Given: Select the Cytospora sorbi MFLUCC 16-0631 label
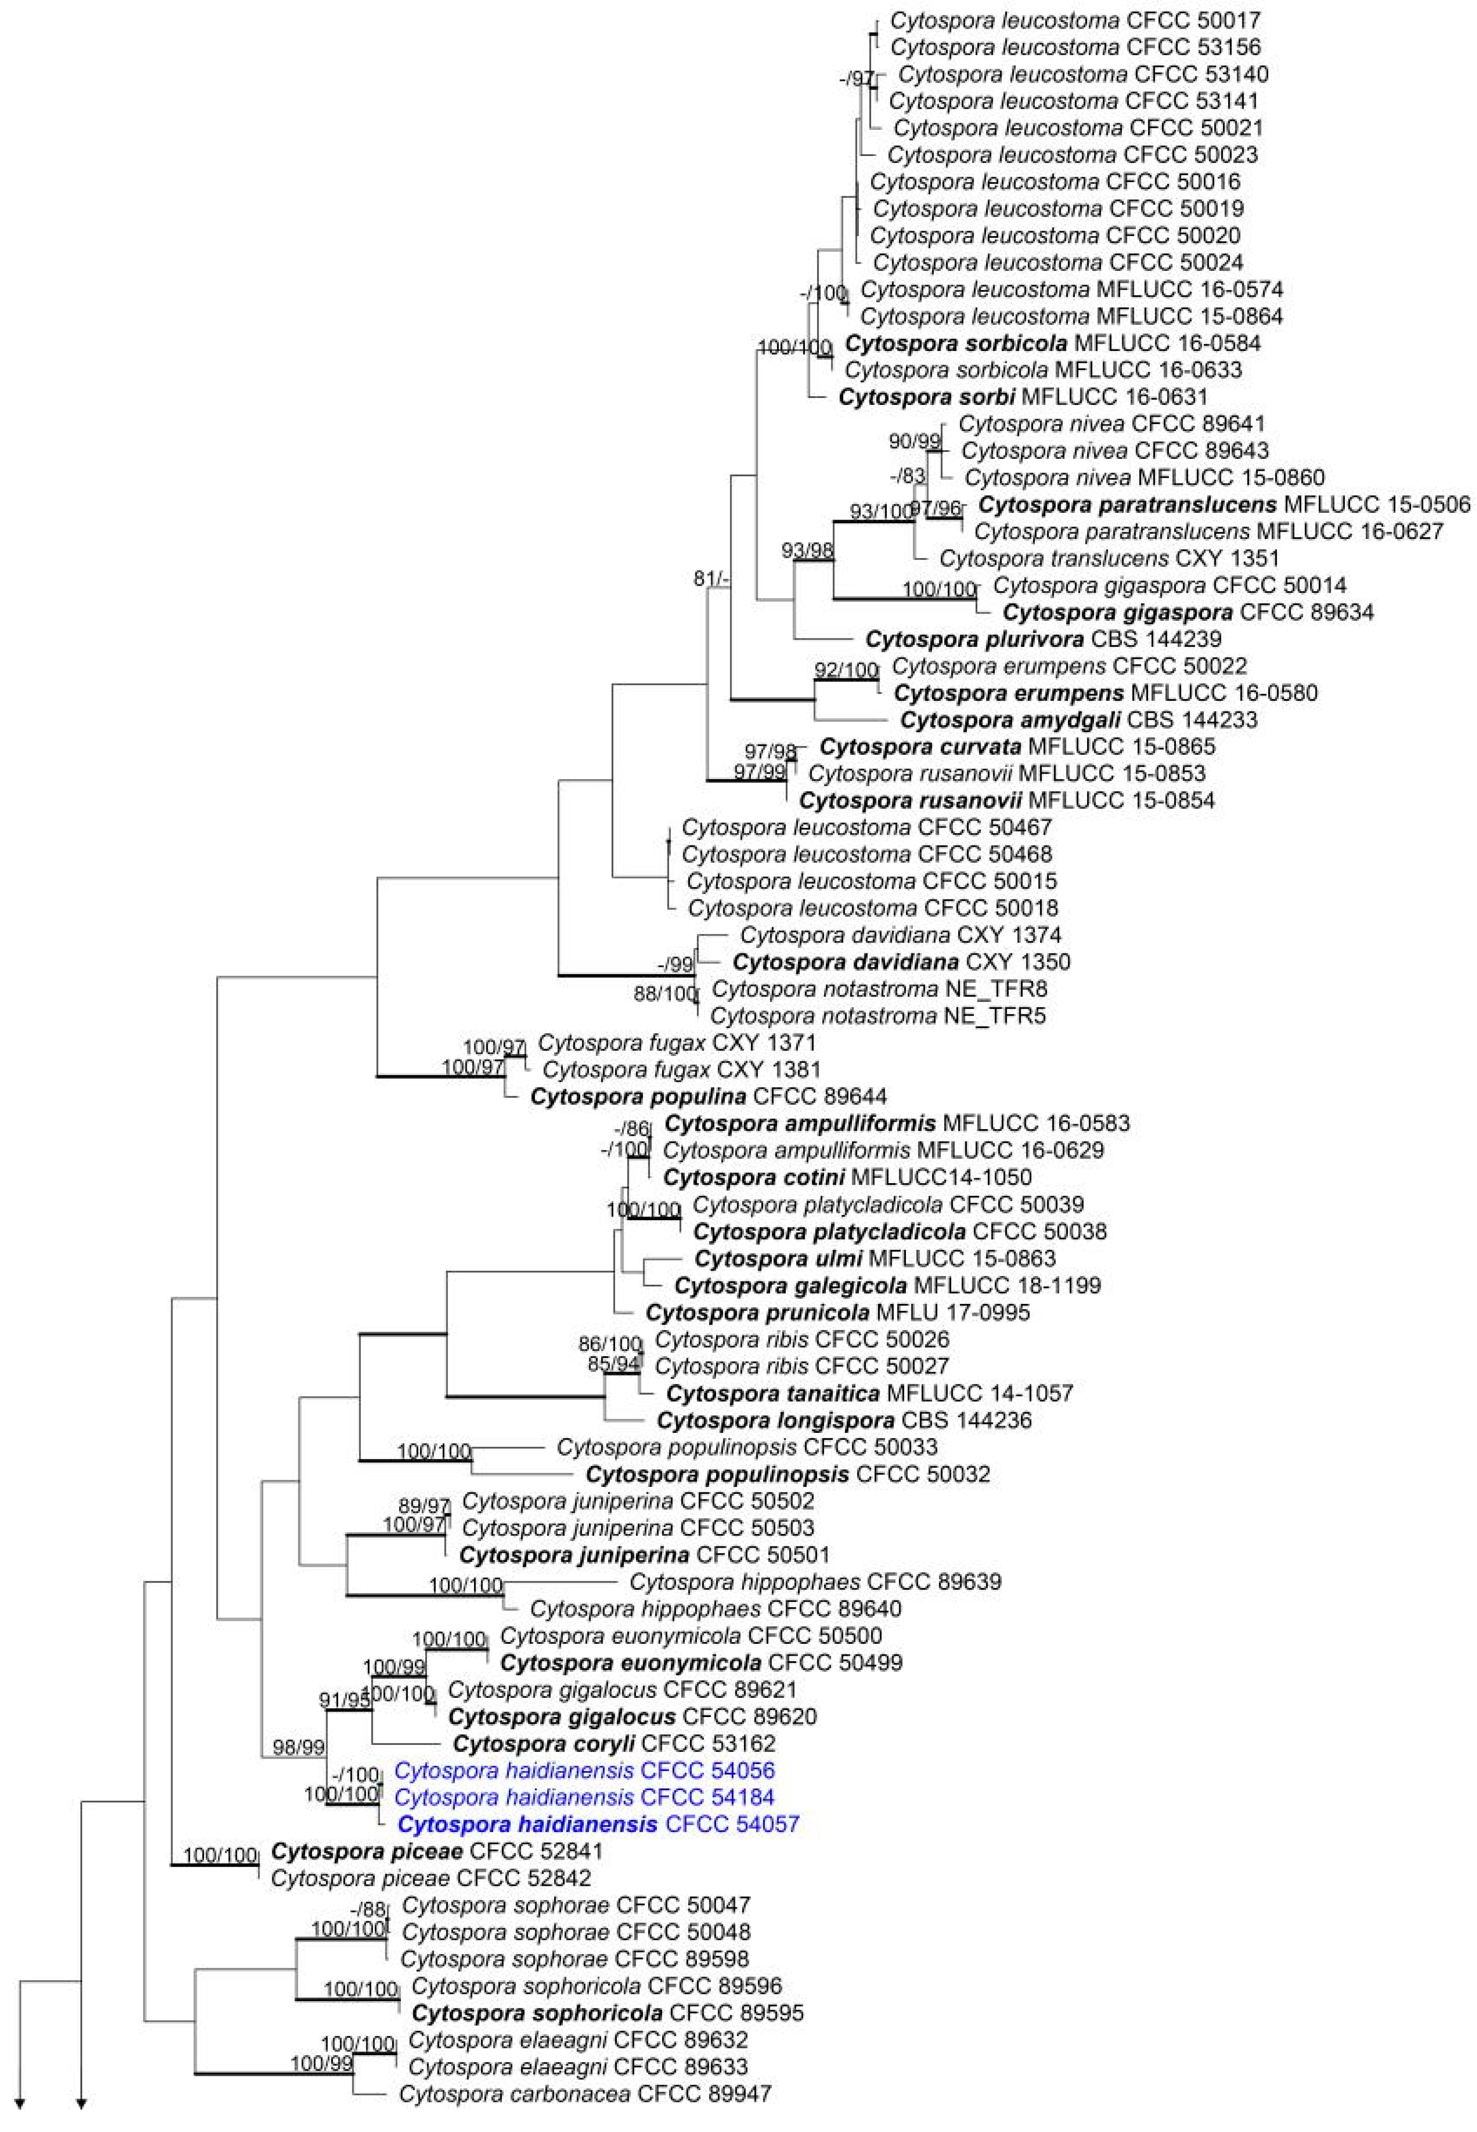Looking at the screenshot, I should pos(1023,397).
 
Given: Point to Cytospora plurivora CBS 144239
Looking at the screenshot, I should pos(1043,639).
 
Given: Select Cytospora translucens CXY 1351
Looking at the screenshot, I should pos(1109,558).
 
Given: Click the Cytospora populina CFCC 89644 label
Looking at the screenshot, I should pos(708,1097).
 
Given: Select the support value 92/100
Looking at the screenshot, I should pos(845,669).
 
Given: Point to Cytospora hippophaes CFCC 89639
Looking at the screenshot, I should pos(814,1582).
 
